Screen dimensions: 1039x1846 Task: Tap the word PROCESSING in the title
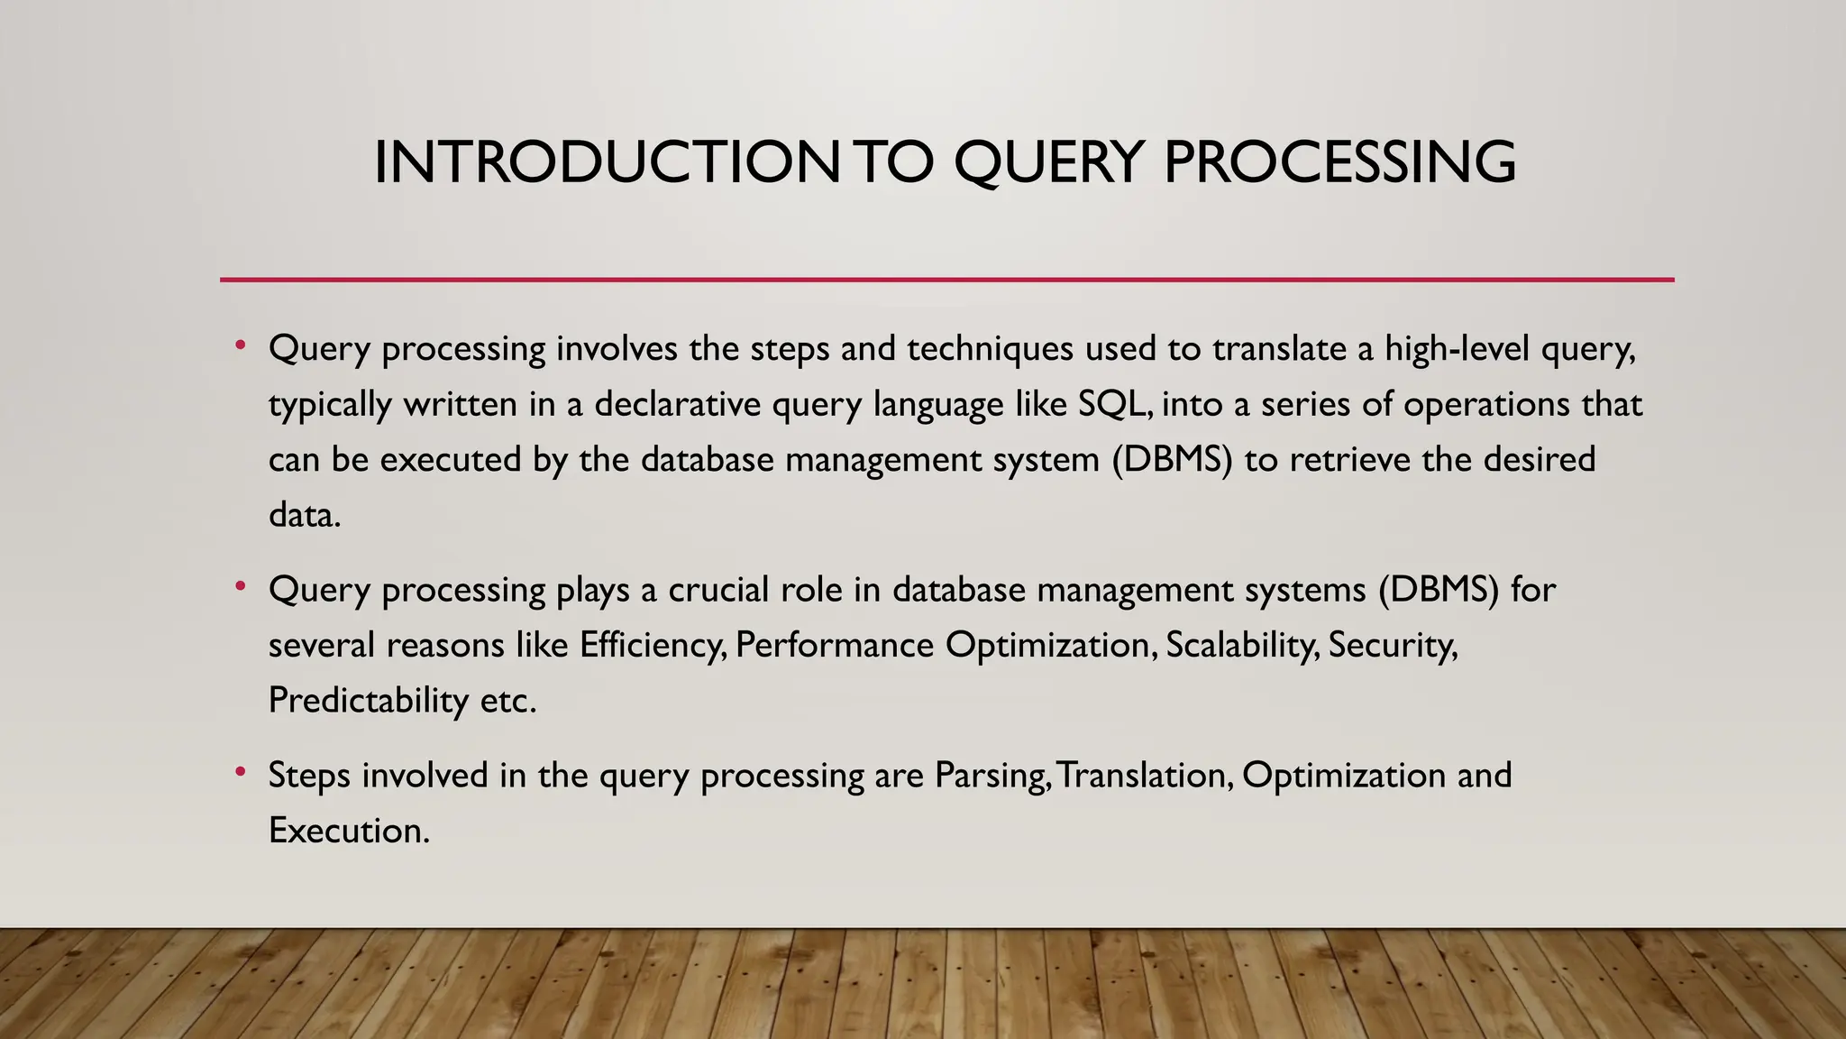pyautogui.click(x=1339, y=163)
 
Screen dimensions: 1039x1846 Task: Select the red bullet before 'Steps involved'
pyautogui.click(x=240, y=772)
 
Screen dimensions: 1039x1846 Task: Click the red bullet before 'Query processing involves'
pyautogui.click(x=240, y=345)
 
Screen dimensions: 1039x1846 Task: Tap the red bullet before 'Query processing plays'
pyautogui.click(x=240, y=586)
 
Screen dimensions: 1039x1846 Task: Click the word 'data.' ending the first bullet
pyautogui.click(x=305, y=515)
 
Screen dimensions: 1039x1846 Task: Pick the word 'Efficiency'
pyautogui.click(x=653, y=646)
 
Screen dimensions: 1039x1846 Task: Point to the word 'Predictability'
pyautogui.click(x=369, y=701)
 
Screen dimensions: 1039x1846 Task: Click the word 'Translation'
pyautogui.click(x=1144, y=776)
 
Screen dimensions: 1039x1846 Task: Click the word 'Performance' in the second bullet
pyautogui.click(x=835, y=646)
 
